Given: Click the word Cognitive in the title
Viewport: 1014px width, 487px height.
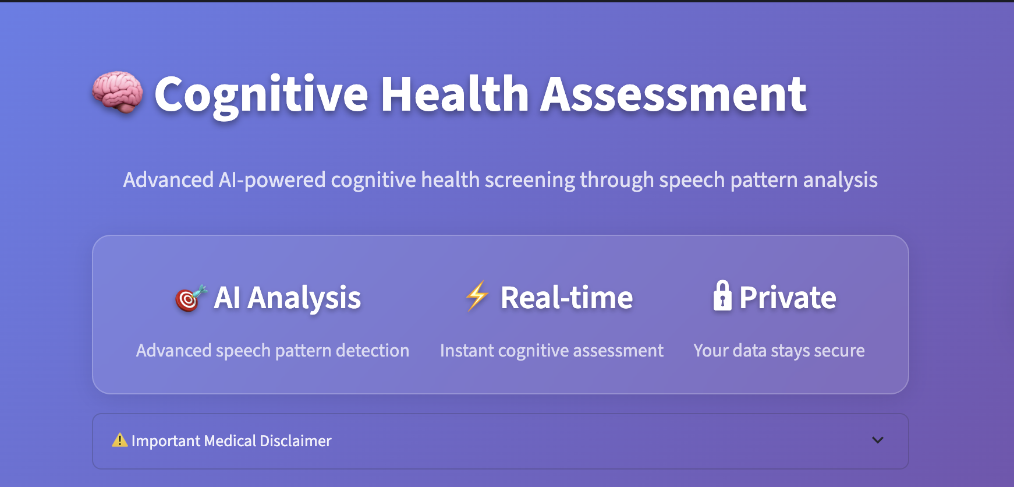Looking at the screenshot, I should pyautogui.click(x=261, y=94).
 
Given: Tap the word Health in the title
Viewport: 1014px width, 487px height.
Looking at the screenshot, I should pyautogui.click(x=455, y=94).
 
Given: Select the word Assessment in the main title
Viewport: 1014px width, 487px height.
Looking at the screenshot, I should pyautogui.click(x=673, y=94).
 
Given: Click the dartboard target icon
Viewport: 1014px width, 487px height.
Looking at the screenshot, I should pyautogui.click(x=190, y=298).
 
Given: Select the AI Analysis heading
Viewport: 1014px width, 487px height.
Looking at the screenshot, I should pyautogui.click(x=288, y=298).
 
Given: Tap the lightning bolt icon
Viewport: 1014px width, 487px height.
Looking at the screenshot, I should pyautogui.click(x=477, y=296).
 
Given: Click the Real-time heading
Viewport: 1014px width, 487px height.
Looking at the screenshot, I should pyautogui.click(x=566, y=298).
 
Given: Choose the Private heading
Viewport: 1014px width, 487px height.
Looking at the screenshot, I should pyautogui.click(x=788, y=298).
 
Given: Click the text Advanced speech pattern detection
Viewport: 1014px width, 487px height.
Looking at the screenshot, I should pyautogui.click(x=272, y=351).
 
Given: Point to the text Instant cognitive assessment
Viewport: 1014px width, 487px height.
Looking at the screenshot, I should pyautogui.click(x=551, y=351).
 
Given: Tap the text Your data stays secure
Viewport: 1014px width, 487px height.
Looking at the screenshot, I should pyautogui.click(x=779, y=351).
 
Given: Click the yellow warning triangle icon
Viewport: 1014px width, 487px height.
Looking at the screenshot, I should pyautogui.click(x=119, y=440).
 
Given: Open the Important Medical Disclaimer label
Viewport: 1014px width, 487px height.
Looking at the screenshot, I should pyautogui.click(x=231, y=441).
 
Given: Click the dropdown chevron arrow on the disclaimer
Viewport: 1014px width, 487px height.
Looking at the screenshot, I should pyautogui.click(x=878, y=440).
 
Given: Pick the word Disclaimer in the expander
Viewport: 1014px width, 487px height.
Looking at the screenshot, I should pyautogui.click(x=295, y=441).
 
